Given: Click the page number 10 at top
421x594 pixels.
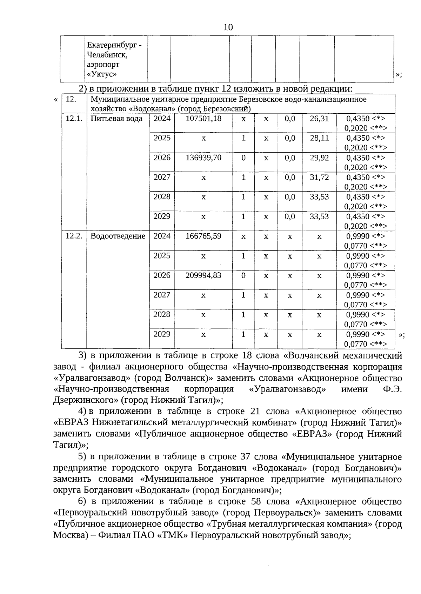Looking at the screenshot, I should coord(228,27).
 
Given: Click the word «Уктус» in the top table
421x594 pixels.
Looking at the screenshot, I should coord(102,74).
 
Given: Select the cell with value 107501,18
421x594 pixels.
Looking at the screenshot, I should coord(203,119).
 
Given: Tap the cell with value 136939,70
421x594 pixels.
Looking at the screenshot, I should coord(203,158).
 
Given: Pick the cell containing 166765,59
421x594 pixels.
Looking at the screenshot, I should coord(203,236).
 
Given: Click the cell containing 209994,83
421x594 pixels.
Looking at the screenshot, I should coord(203,275).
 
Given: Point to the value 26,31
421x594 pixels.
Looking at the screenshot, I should coord(319,119).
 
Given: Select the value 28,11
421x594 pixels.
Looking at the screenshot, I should coord(319,138).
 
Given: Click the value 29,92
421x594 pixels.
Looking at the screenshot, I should coord(319,158).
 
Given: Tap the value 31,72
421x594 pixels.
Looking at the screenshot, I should coord(319,178).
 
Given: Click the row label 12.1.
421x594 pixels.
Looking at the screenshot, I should coord(74,119).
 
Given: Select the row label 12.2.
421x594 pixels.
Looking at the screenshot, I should coord(74,236).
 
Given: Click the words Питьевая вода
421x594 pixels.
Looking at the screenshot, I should coord(116,119).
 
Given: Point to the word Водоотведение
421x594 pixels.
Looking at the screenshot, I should coord(118,236).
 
